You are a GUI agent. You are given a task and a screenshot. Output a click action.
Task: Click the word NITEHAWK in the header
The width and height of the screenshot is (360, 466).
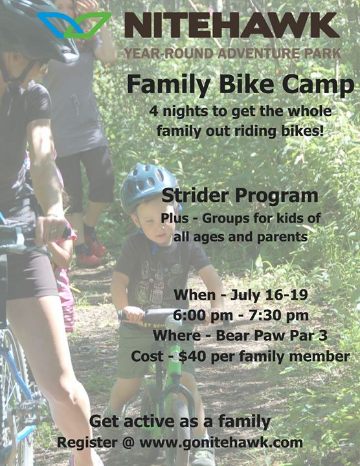click(x=232, y=25)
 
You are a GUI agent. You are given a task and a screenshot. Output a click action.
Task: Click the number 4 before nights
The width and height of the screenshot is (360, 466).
click(x=153, y=111)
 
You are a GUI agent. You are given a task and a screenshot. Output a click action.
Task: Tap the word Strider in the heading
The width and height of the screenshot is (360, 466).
click(x=196, y=196)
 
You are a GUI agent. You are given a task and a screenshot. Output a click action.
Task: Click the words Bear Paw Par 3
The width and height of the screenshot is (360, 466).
click(x=271, y=335)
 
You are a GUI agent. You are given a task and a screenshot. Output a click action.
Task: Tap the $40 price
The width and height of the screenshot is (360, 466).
click(x=192, y=357)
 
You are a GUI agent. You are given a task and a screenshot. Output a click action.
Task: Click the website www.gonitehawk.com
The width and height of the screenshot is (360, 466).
click(x=221, y=443)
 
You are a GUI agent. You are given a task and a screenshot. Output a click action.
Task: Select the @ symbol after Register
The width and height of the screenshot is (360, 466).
click(x=128, y=443)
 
